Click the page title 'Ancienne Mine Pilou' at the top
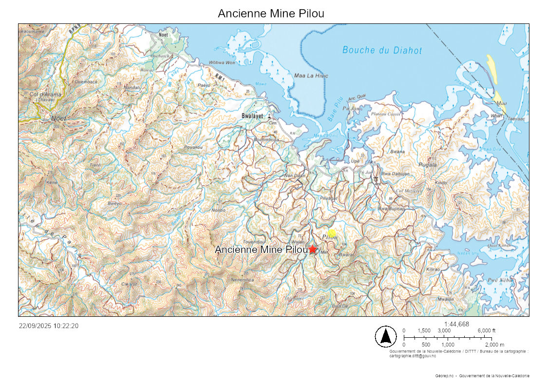(271, 13)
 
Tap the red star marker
(312, 249)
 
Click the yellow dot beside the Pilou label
(332, 233)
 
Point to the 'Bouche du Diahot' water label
(382, 50)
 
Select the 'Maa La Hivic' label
(311, 76)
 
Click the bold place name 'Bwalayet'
(252, 116)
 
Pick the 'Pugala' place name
(427, 165)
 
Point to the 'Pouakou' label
(193, 147)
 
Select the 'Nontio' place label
(219, 210)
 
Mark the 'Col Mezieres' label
(407, 191)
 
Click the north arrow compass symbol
(385, 336)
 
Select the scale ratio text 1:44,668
(456, 324)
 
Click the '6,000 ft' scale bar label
(486, 330)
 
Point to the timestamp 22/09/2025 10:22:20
(49, 326)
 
